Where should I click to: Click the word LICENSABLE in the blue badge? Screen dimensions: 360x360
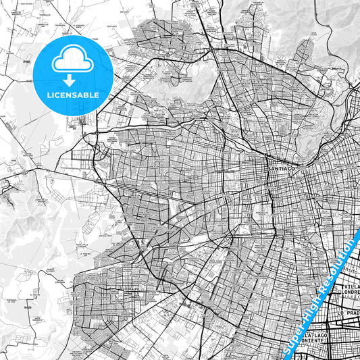tap(73, 95)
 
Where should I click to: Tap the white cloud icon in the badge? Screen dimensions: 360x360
tap(73, 61)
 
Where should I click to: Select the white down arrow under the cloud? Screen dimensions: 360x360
tap(73, 78)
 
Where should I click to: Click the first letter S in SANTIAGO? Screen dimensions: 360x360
tap(269, 169)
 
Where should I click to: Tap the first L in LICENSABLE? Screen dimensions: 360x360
tap(49, 95)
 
